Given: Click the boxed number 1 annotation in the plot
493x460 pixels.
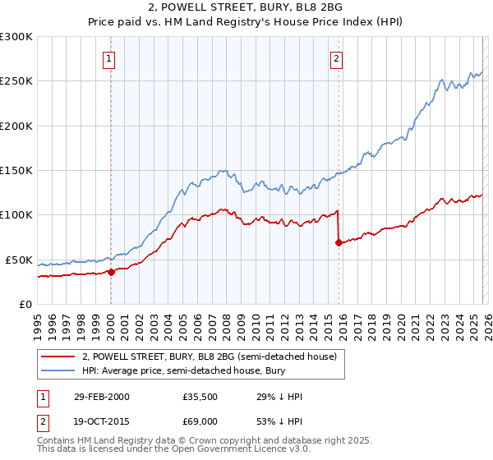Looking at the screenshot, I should (x=110, y=58).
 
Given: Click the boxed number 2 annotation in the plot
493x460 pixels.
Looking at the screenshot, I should (x=337, y=58).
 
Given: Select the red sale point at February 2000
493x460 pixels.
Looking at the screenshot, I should (x=112, y=273).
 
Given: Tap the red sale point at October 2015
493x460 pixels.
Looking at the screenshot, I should (x=339, y=242).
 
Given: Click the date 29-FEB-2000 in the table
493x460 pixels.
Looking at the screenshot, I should (x=102, y=397).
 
